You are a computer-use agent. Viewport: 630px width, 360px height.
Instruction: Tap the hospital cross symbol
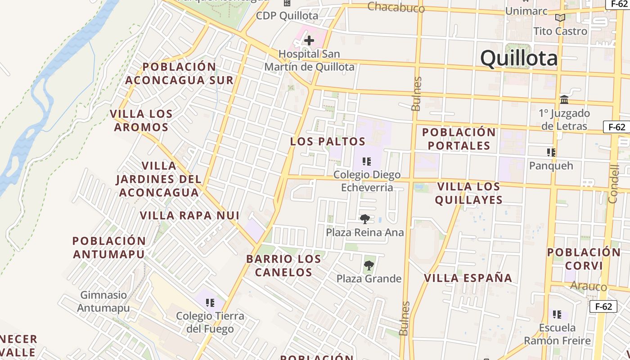309,40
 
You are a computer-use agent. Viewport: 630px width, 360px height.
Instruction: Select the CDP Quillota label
287,16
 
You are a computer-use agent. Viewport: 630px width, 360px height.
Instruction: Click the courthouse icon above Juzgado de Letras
564,99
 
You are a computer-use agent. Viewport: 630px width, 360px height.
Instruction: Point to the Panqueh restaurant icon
551,153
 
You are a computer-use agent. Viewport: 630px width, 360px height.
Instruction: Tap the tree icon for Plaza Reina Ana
364,219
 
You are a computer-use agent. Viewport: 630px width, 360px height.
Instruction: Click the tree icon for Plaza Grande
369,265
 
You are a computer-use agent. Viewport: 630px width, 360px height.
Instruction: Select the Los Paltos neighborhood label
328,141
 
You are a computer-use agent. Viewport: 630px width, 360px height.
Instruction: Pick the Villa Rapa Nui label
189,215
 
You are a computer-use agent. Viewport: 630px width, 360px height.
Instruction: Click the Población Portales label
459,139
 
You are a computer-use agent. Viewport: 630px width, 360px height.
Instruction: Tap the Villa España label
468,278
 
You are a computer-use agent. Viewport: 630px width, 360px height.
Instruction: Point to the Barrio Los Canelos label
283,265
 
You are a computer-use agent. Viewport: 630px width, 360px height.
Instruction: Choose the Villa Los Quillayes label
468,193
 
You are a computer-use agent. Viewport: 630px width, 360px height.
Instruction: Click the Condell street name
614,184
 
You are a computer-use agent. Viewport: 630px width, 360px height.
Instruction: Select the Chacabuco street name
396,7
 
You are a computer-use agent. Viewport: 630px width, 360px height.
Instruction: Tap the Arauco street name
588,286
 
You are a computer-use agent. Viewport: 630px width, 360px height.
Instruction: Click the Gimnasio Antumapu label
103,301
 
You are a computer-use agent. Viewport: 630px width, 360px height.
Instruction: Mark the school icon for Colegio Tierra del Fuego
210,303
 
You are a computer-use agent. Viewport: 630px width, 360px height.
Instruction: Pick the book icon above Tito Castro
560,18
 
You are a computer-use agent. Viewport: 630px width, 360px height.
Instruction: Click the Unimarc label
526,10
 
